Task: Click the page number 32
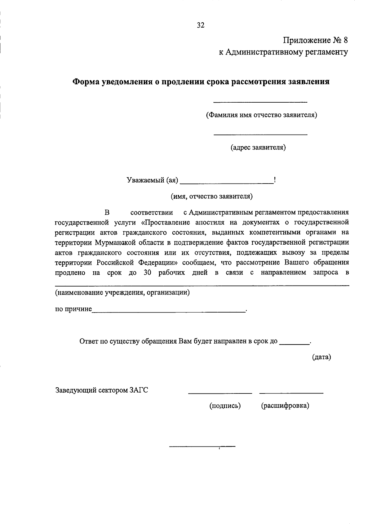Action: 201,25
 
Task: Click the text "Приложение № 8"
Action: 315,40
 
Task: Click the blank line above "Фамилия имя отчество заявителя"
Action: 260,102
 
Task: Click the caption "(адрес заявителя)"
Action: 258,147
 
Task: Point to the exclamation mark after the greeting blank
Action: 275,180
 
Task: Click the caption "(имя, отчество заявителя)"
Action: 212,196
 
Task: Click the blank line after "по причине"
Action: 168,311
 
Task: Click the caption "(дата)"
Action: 321,357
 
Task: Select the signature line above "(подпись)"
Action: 220,393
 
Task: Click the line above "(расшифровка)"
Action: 291,393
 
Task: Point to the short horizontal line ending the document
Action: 202,446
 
